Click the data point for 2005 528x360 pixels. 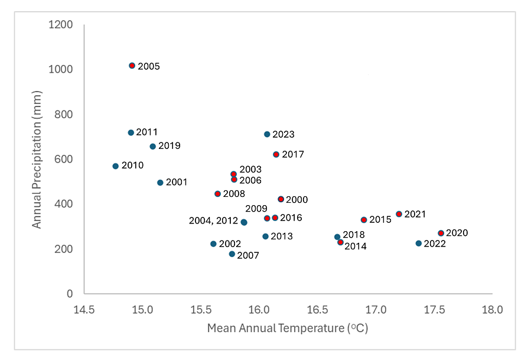click(132, 66)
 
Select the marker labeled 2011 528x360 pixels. click(131, 132)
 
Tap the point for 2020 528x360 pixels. click(441, 233)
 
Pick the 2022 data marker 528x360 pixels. click(418, 244)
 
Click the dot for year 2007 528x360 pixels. click(232, 254)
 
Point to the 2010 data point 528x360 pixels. click(115, 166)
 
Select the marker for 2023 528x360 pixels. click(267, 134)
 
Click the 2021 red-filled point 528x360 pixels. click(399, 214)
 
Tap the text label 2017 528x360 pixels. click(293, 154)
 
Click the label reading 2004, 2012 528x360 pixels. click(213, 220)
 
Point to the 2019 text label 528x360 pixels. click(170, 145)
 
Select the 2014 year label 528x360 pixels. click(356, 246)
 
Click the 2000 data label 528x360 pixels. click(296, 200)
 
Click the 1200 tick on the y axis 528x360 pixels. click(61, 25)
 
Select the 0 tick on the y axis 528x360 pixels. click(69, 294)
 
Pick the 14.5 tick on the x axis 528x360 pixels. click(84, 309)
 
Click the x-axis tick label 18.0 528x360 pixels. click(492, 309)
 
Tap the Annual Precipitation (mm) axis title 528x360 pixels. click(37, 159)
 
